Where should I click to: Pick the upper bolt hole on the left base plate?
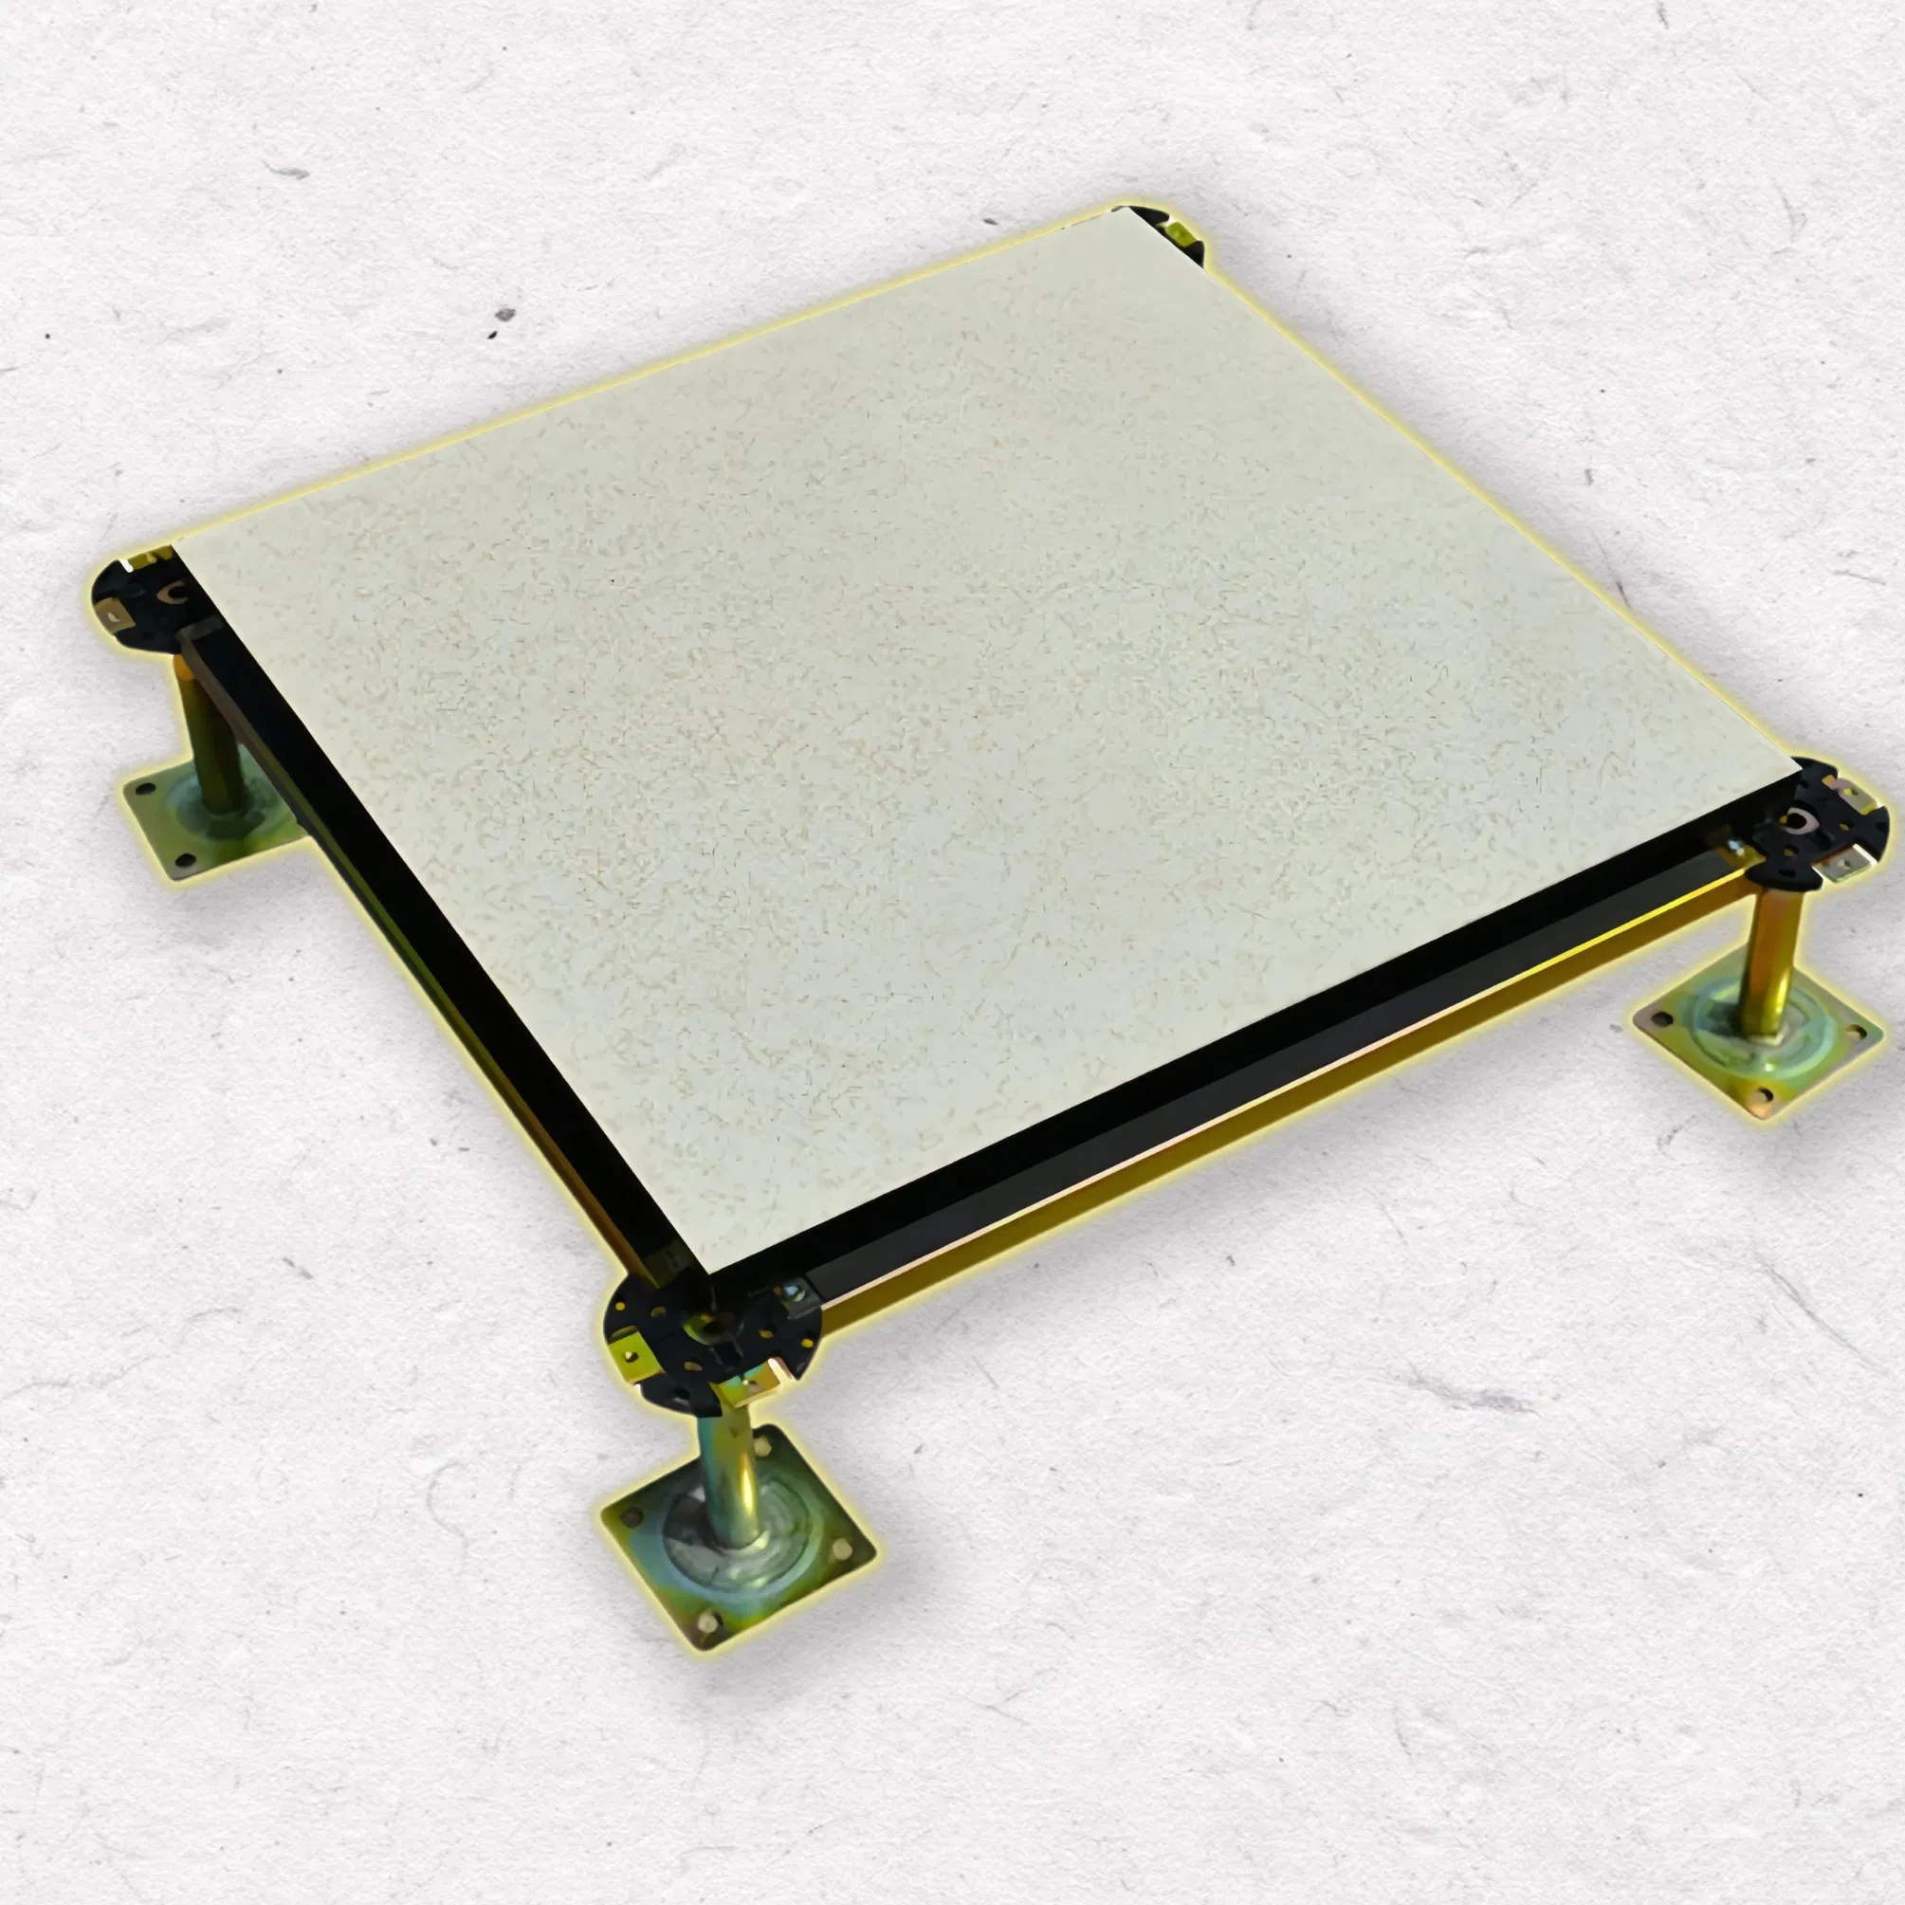coord(146,789)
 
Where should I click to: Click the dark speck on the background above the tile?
coord(504,316)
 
